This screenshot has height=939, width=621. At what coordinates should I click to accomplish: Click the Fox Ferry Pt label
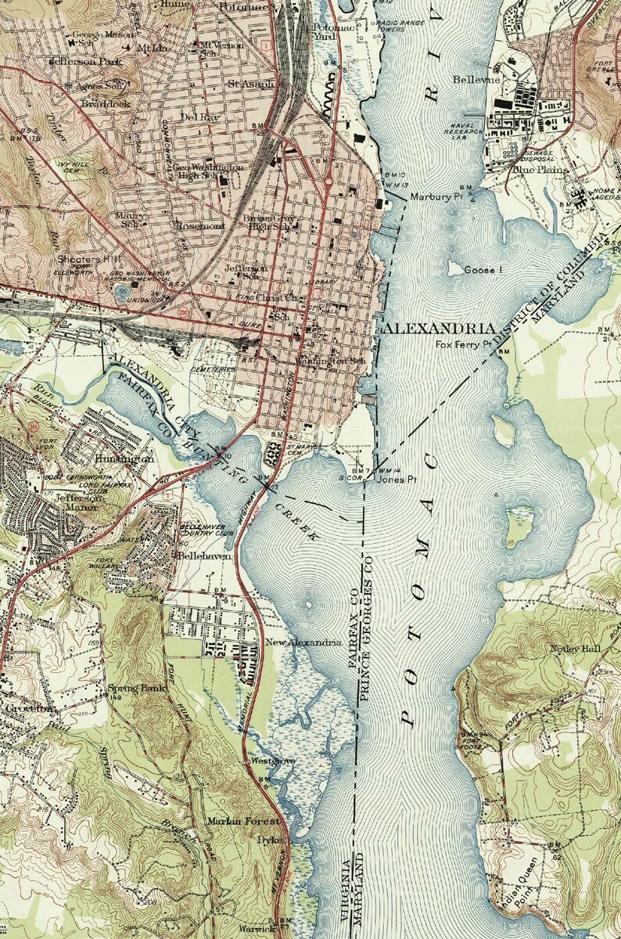(463, 344)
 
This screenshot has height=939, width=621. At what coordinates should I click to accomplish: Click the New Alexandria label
(303, 642)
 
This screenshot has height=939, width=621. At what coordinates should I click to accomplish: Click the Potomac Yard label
(324, 30)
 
